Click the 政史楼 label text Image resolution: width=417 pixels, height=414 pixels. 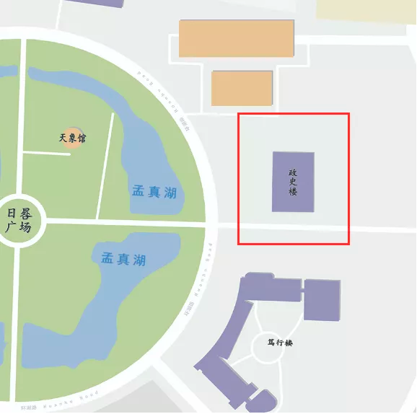pyautogui.click(x=293, y=182)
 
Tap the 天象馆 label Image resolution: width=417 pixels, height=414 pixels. pyautogui.click(x=72, y=137)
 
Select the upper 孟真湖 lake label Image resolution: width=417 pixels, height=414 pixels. pyautogui.click(x=154, y=192)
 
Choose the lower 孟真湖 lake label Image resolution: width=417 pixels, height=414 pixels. pyautogui.click(x=123, y=259)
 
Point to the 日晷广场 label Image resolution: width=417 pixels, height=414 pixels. pyautogui.click(x=19, y=220)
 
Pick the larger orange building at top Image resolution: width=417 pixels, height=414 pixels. pyautogui.click(x=237, y=38)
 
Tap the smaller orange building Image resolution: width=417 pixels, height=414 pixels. pyautogui.click(x=242, y=88)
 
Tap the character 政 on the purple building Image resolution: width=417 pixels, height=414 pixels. pyautogui.click(x=293, y=173)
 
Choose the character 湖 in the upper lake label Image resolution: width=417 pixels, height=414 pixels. pyautogui.click(x=170, y=193)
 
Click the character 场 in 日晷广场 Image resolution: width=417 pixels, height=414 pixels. pyautogui.click(x=26, y=227)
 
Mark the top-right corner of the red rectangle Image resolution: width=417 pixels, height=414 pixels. pyautogui.click(x=349, y=113)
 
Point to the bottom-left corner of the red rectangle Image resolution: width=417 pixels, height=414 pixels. pyautogui.click(x=238, y=244)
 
